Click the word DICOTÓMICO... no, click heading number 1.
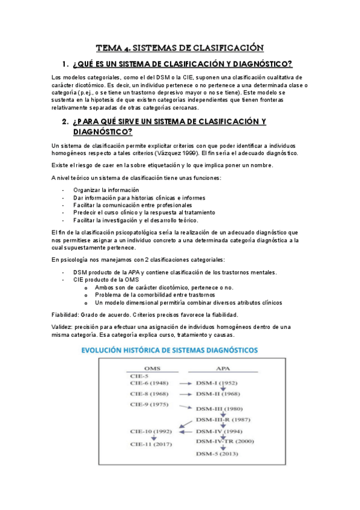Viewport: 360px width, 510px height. click(66, 64)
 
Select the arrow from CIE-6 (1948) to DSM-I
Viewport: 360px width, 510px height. click(180, 382)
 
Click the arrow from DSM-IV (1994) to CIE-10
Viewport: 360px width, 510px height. click(183, 431)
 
